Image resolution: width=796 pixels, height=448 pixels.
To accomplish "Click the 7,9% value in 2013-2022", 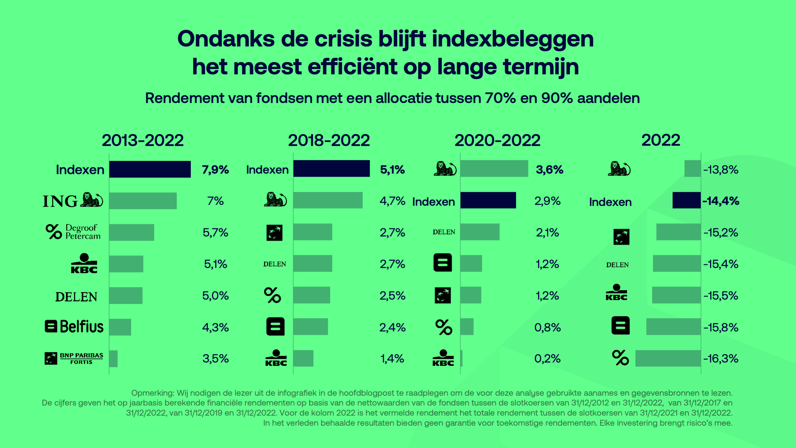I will tap(215, 169).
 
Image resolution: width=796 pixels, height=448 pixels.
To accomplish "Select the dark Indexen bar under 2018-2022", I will tap(331, 169).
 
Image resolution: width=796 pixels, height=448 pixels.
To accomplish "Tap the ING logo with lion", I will tap(73, 201).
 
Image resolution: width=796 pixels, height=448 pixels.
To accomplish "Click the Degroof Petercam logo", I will tap(73, 232).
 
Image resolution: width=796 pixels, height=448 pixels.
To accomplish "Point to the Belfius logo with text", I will tap(74, 326).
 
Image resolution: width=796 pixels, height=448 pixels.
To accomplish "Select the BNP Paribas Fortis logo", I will tap(74, 358).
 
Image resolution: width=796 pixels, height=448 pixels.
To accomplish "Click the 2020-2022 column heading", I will tap(497, 140).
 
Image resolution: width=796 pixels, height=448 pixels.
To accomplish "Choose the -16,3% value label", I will tap(721, 359).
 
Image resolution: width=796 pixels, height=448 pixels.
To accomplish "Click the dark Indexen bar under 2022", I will tap(686, 200).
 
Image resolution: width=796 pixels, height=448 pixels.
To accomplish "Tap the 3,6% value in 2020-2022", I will tap(549, 169).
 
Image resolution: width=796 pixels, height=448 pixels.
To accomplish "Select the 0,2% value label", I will tap(547, 359).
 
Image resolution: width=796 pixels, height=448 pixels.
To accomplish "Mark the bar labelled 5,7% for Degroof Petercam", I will tap(131, 232).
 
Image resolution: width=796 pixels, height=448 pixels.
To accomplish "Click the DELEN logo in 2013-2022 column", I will tap(76, 297).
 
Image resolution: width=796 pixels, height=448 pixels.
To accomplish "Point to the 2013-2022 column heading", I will tap(143, 140).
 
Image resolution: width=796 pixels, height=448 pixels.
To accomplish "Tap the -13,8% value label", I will tap(721, 169).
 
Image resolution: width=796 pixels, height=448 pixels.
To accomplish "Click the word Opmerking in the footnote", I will tap(152, 393).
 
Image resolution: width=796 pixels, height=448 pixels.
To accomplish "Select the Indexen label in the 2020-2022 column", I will tap(433, 202).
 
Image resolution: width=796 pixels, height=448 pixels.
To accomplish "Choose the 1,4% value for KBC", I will tap(392, 359).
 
